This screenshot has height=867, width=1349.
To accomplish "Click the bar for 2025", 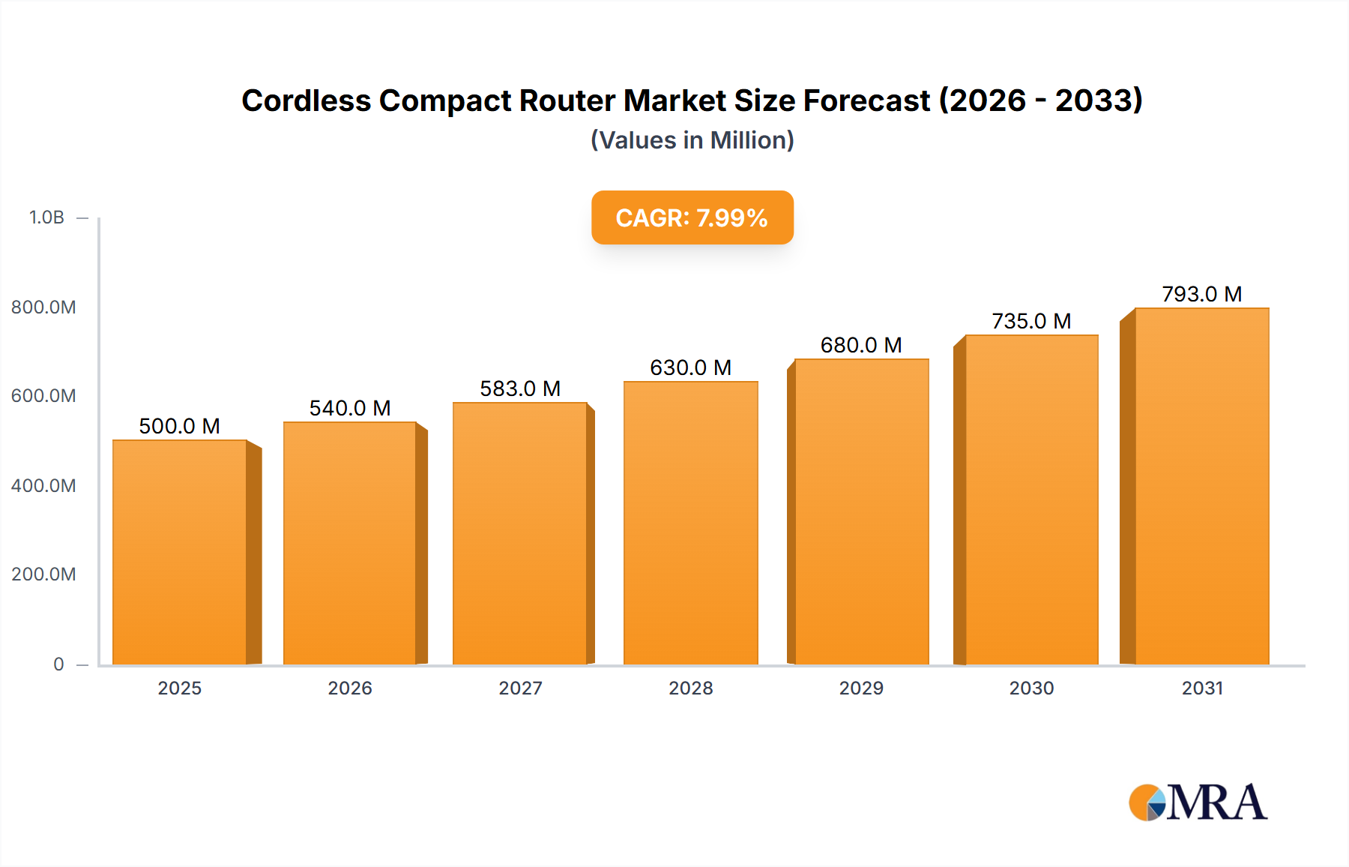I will [x=180, y=552].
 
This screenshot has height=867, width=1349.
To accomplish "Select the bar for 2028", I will [x=690, y=523].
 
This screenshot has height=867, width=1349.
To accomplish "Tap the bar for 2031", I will [x=1201, y=486].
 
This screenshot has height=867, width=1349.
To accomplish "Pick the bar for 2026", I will [x=349, y=543].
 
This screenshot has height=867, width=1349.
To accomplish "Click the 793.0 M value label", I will [x=1201, y=294].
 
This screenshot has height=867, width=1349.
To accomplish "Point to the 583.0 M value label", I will [x=520, y=388].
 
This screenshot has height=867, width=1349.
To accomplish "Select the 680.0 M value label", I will [x=861, y=345].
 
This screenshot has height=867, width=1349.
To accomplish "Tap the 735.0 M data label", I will [x=1031, y=321].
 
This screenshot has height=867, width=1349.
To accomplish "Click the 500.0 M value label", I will [x=179, y=426].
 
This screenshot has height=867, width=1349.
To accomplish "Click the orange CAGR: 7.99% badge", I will [x=692, y=217].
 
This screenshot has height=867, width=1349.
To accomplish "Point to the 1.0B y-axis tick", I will [x=46, y=217].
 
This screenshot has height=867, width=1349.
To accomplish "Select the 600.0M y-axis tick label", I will [x=43, y=396].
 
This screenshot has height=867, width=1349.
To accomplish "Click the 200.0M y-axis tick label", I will [x=43, y=574].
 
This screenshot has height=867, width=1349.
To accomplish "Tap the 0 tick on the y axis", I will [x=58, y=664].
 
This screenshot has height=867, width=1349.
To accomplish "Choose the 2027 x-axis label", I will [x=520, y=688].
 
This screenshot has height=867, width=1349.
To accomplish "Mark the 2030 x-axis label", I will [x=1031, y=688].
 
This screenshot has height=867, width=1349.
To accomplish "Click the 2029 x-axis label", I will [x=861, y=688].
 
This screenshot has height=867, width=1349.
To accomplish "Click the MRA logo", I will [x=1198, y=802].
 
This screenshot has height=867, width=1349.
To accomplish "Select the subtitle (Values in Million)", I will [x=692, y=140].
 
